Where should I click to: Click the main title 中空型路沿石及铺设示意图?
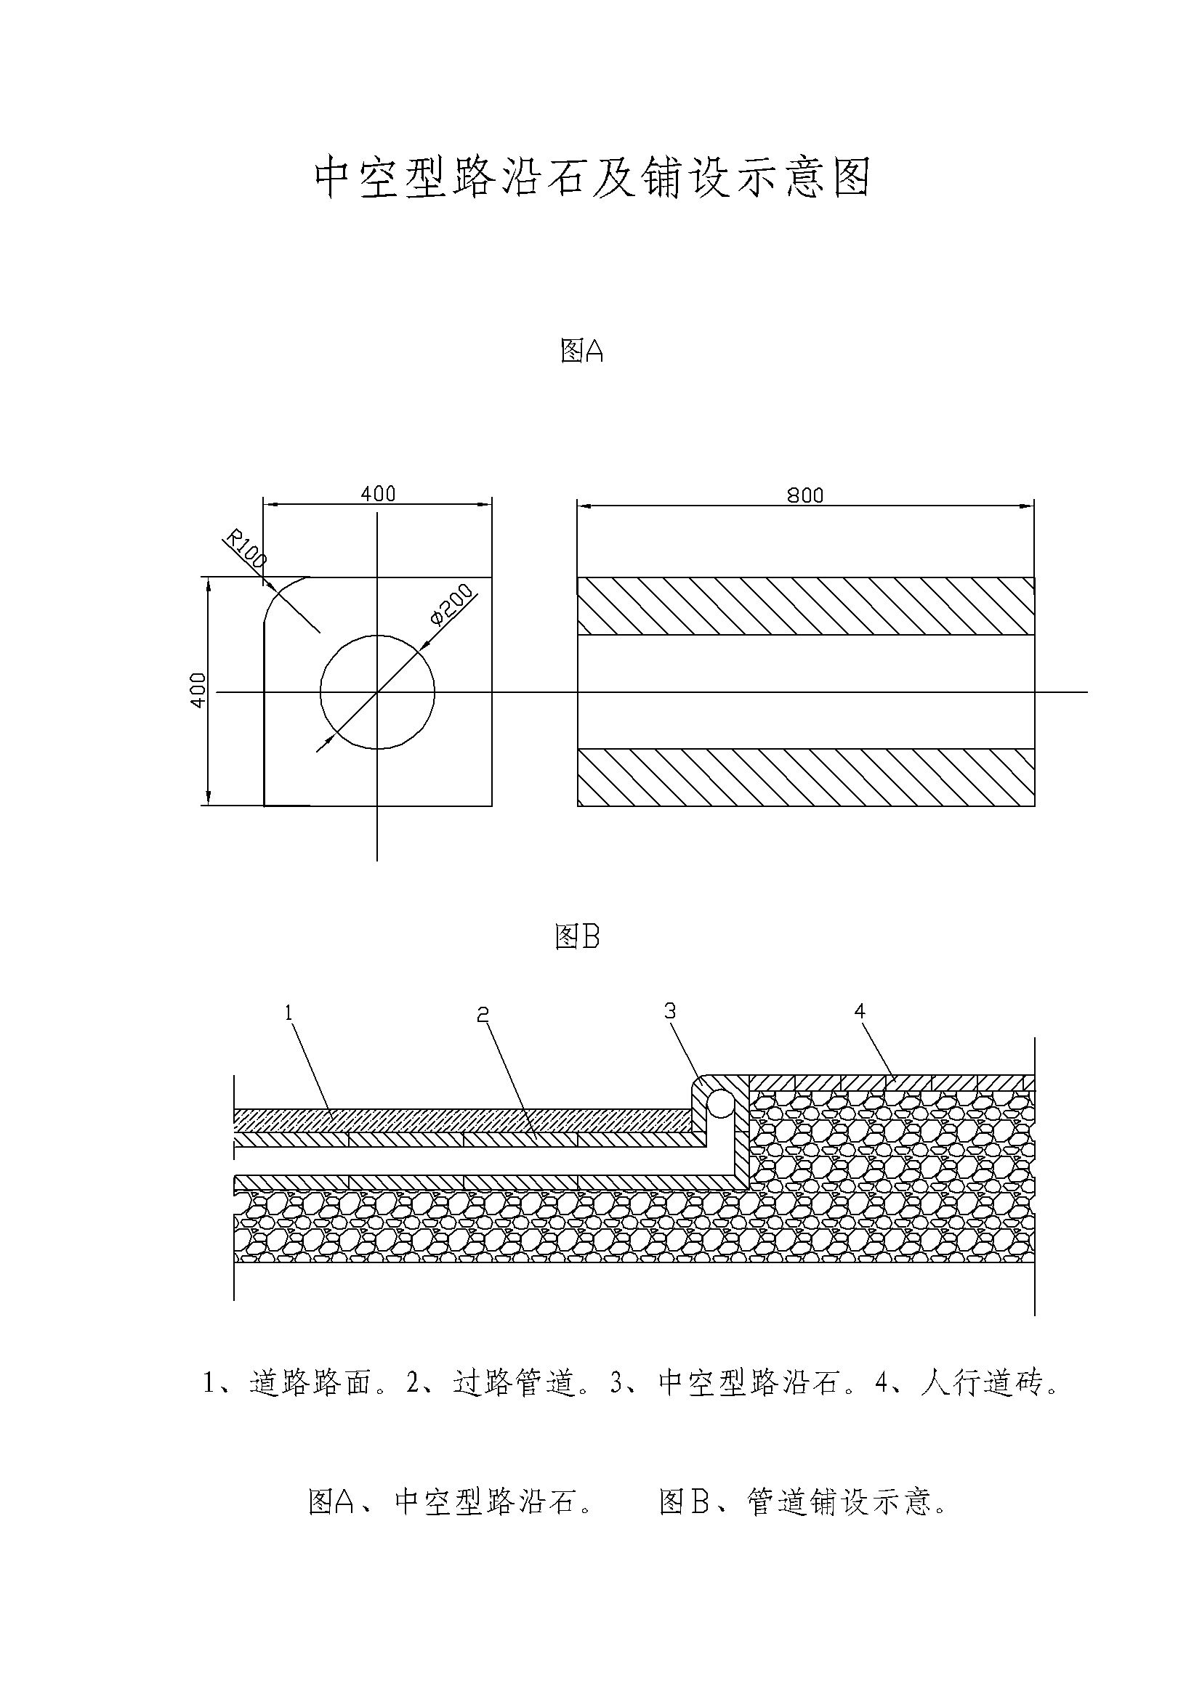pyautogui.click(x=592, y=177)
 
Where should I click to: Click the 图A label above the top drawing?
pyautogui.click(x=582, y=352)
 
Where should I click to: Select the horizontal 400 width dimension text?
pyautogui.click(x=377, y=493)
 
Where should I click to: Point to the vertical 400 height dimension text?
pyautogui.click(x=198, y=689)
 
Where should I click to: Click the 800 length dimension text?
pyautogui.click(x=804, y=495)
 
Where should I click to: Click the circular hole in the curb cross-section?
pyautogui.click(x=377, y=692)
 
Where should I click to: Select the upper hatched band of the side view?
pyautogui.click(x=805, y=606)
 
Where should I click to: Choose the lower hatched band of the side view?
pyautogui.click(x=805, y=777)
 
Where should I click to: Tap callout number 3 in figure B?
pyautogui.click(x=670, y=1011)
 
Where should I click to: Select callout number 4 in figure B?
pyautogui.click(x=859, y=1011)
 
